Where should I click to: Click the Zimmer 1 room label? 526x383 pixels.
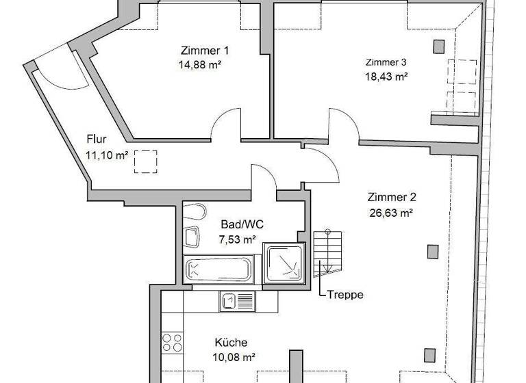tap(205, 51)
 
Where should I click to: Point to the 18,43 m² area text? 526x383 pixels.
tap(386, 77)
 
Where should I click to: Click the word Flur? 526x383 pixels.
tap(96, 140)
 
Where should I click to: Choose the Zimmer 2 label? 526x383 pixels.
tap(391, 198)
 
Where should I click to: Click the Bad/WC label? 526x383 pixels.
tap(238, 224)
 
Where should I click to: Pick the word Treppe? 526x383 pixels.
tap(345, 295)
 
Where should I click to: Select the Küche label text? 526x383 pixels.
tap(231, 343)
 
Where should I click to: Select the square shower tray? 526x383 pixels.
tap(284, 263)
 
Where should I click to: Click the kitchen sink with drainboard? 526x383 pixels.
tap(238, 300)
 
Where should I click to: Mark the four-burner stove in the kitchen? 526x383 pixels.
tap(171, 343)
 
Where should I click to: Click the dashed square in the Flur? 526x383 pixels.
tap(145, 161)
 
